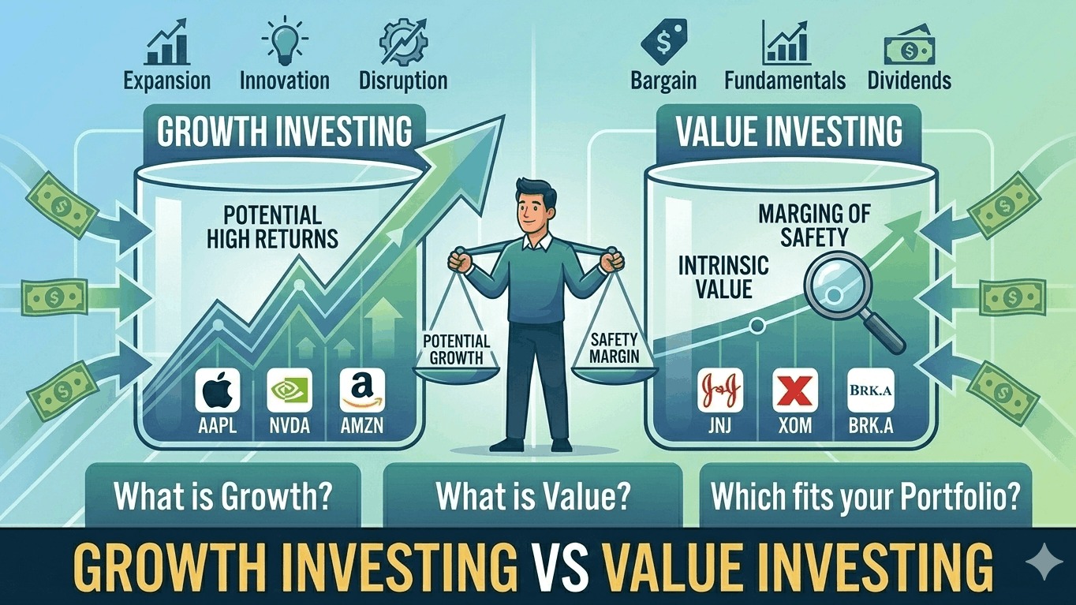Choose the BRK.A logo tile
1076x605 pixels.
pos(870,390)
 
